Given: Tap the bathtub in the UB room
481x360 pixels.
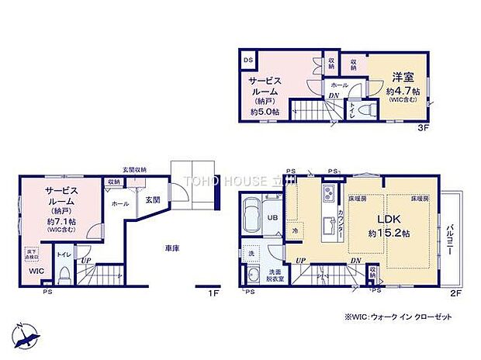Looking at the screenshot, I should (251, 211).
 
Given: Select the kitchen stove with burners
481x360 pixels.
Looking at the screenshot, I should (329, 192).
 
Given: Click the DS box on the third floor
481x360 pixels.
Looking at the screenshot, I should (248, 59).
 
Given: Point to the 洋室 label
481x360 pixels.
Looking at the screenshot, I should (401, 77).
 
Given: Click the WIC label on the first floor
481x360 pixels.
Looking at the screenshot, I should (36, 272).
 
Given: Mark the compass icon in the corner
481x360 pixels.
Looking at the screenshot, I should (27, 335).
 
